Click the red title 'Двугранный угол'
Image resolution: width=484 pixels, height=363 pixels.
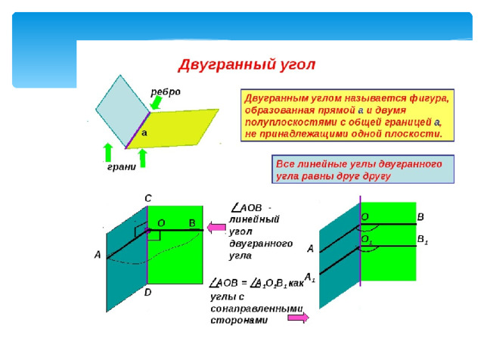click(247, 65)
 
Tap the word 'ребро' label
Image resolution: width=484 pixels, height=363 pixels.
click(166, 92)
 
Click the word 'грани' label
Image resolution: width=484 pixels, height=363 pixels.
click(122, 166)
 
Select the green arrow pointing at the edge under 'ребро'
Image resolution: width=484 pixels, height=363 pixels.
click(157, 103)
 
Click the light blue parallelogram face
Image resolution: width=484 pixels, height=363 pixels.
click(123, 110)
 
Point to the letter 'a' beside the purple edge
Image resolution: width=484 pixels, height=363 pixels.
click(144, 133)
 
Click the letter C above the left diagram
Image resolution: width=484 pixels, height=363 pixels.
click(148, 198)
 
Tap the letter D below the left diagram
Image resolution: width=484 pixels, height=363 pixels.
click(148, 292)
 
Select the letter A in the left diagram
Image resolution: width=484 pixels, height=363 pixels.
click(98, 255)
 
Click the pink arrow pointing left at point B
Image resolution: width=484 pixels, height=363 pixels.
click(216, 228)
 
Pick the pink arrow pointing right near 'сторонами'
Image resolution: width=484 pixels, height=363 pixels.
click(298, 318)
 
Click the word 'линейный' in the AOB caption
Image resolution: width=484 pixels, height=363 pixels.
click(254, 219)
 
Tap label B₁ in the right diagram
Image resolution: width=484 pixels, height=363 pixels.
click(423, 240)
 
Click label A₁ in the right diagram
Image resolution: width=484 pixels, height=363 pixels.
click(310, 278)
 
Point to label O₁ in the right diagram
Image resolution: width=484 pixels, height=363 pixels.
click(366, 240)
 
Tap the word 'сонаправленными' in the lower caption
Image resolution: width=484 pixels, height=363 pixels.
click(257, 309)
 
